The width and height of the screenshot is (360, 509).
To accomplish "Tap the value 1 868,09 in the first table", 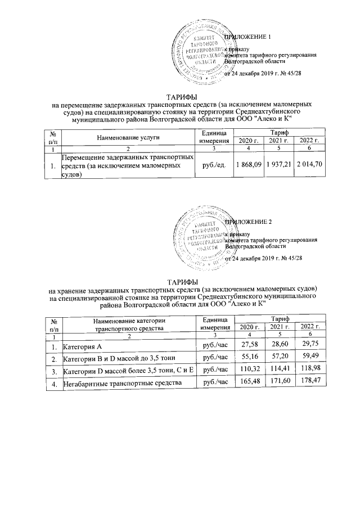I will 249,166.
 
